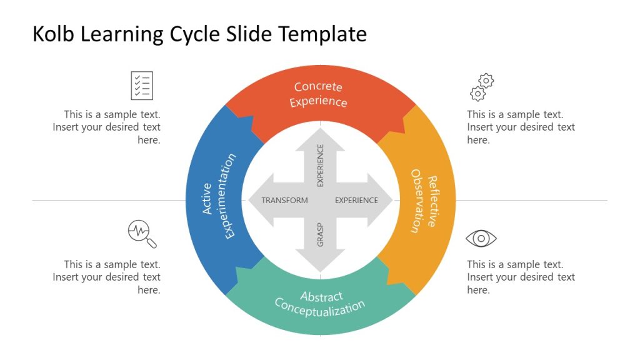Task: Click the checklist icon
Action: (x=142, y=86)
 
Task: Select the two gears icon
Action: (x=482, y=87)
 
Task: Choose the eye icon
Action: (x=481, y=238)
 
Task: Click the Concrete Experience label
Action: (x=319, y=94)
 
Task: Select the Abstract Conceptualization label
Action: (x=320, y=302)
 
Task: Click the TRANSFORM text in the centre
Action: (x=284, y=201)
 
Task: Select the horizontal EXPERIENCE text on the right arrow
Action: (x=356, y=201)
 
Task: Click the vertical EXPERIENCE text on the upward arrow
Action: (x=321, y=166)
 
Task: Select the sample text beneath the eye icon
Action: (x=521, y=277)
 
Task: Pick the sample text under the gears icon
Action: (x=521, y=127)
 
